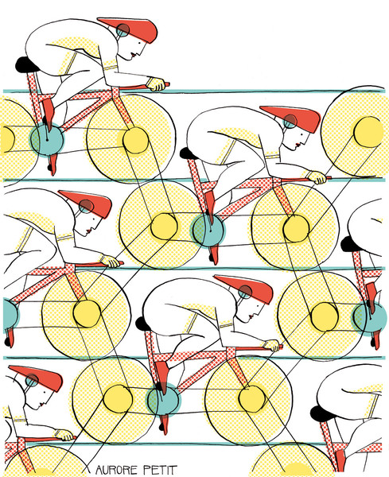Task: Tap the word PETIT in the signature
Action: point(160,469)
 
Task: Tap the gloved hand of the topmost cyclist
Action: point(157,84)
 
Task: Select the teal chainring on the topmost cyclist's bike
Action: point(47,139)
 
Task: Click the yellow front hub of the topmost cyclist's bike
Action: point(135,140)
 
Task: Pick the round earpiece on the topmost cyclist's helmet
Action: point(123,30)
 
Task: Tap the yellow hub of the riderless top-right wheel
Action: point(368,132)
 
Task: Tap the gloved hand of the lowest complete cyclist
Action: point(272,345)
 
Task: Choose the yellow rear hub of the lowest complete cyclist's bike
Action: point(118,399)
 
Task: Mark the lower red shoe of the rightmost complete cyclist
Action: point(214,254)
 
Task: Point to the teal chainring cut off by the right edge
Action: point(370,317)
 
